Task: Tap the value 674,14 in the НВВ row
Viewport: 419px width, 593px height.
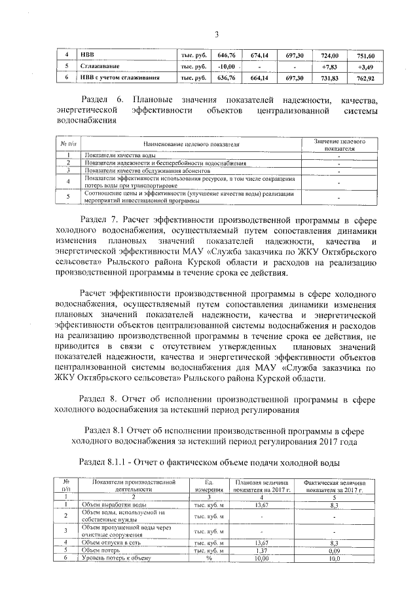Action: (x=260, y=56)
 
